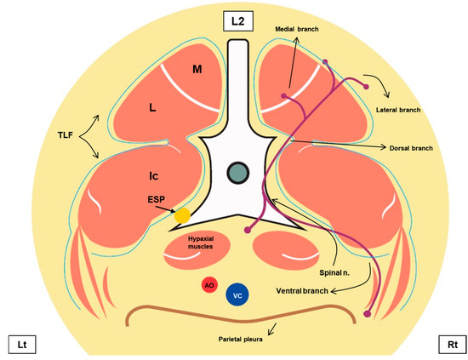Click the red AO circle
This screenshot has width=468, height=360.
pos(207,285)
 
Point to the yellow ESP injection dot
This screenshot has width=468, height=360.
pos(182,215)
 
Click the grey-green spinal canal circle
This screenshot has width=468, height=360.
pos(238,173)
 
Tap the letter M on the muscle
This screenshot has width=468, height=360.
pos(197,68)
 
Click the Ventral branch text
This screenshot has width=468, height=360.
pos(302,291)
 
